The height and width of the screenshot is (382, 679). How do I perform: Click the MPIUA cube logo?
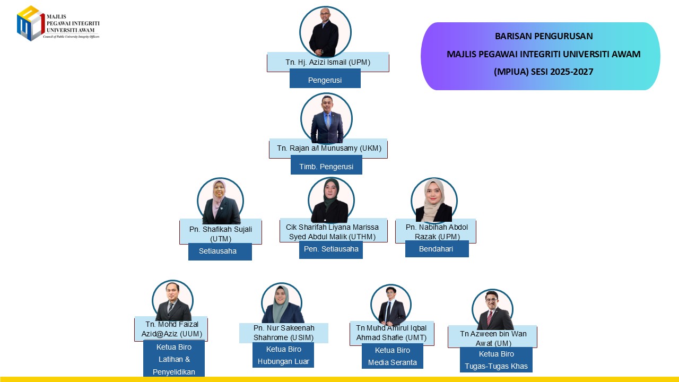31,23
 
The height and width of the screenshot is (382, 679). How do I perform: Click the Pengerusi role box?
325,79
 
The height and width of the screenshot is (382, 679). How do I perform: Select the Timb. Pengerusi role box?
326,165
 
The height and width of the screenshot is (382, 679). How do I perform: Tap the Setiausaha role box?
220,251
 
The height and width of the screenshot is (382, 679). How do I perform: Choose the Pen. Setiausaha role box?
330,249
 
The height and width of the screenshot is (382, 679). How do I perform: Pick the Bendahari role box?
437,249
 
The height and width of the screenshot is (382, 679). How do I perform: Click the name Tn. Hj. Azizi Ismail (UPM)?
328,62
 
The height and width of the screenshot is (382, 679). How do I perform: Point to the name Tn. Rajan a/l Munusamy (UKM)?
329,148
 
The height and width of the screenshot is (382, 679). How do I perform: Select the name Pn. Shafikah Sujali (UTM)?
221,234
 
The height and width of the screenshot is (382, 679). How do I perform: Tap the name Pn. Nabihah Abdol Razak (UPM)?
437,232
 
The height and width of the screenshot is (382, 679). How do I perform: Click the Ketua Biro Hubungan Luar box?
283,355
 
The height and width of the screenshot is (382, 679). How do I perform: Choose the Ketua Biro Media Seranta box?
392,356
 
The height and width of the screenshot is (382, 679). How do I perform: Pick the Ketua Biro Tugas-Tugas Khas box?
496,360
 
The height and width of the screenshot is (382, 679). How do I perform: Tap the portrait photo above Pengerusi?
325,32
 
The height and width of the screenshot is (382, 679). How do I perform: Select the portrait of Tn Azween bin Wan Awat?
493,310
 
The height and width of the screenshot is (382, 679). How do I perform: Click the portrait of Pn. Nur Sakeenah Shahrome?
282,303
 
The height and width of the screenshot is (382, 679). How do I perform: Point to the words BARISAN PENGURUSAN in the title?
544,36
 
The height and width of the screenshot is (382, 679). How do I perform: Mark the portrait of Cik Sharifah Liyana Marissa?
331,200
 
